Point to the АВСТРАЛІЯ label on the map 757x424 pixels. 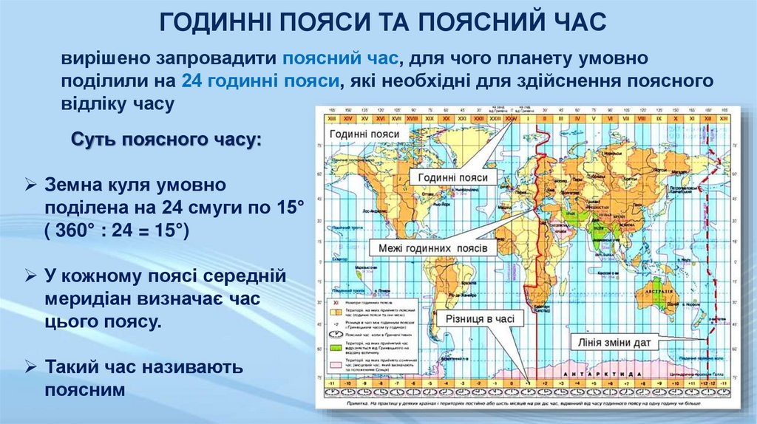pos(660,290)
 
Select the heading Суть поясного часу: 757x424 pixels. pos(166,140)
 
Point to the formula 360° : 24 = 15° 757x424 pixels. pos(117,231)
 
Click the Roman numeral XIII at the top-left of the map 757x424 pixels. pos(330,118)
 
